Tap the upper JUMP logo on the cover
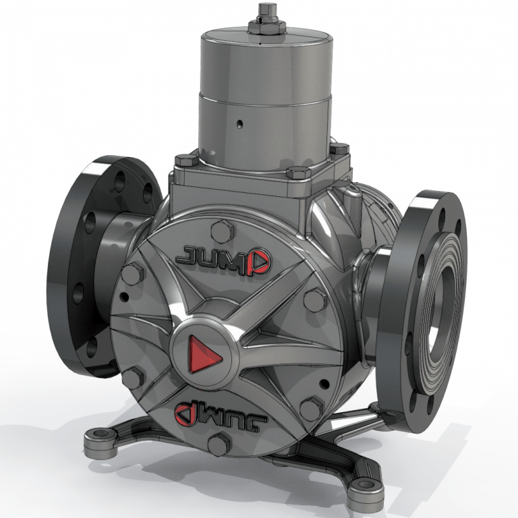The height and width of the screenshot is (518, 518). click(x=222, y=256)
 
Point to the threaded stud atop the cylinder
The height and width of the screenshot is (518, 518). click(x=263, y=10)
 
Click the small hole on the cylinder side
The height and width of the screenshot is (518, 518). click(x=239, y=124)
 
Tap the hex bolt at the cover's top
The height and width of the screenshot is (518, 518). click(x=220, y=231)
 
